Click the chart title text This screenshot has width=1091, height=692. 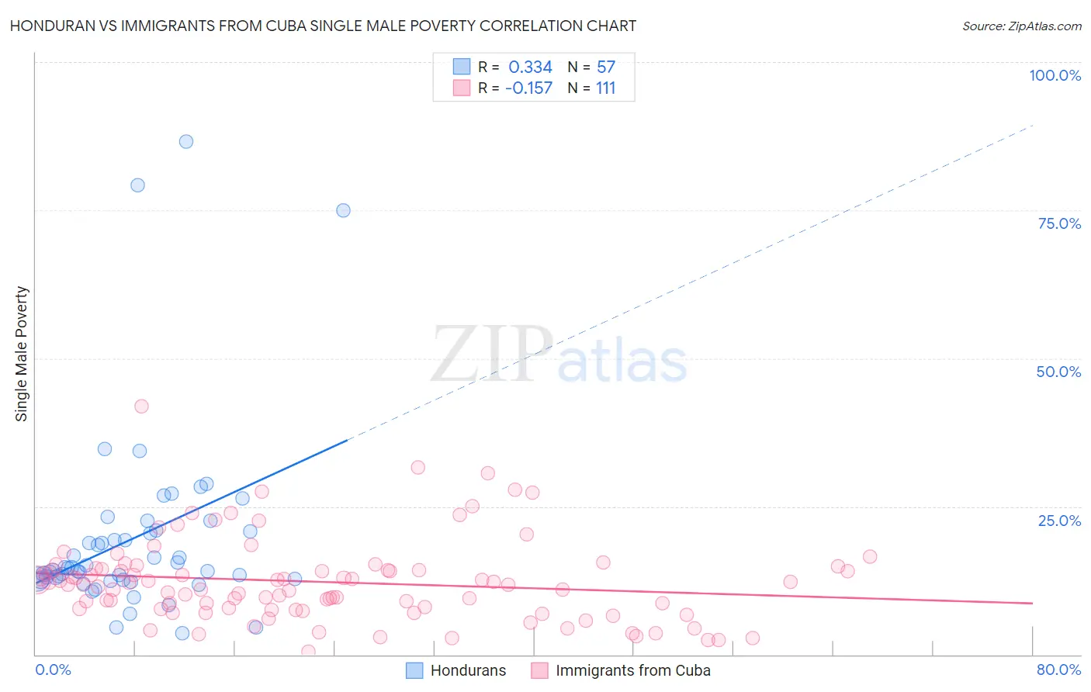pos(323,26)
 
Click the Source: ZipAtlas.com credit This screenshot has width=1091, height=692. pos(1021,26)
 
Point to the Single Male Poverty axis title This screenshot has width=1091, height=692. pos(22,354)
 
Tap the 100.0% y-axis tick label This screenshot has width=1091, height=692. pos(1055,75)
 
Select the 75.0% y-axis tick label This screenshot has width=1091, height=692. pos(1059,223)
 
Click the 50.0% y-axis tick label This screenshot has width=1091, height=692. pos(1058,372)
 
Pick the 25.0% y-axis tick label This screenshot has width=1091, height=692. pos(1059,521)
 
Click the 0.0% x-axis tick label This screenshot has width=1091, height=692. pos(53,670)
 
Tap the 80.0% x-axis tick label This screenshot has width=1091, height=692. pos(1058,670)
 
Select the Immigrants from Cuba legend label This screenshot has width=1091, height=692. pos(632,670)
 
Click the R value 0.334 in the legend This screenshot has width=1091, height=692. pos(530,67)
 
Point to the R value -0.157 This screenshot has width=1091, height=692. pos(528,88)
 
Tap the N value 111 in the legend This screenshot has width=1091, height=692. pos(605,88)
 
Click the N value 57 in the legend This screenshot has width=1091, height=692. pos(605,67)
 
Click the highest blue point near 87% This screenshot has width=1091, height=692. pos(186,141)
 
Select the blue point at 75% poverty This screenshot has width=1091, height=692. pos(343,210)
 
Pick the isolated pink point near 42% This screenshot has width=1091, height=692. pos(141,406)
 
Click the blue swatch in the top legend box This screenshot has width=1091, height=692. pos(462,67)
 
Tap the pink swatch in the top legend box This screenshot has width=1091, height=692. pos(462,88)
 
